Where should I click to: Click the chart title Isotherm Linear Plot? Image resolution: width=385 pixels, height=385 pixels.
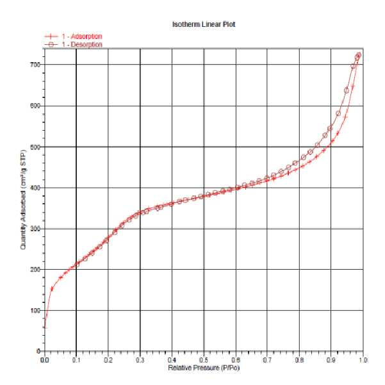coord(204,24)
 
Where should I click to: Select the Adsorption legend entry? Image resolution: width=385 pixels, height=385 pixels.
coord(73,37)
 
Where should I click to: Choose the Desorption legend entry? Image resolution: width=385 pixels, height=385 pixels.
coord(73,44)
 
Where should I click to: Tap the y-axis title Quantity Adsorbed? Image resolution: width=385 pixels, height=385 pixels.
coord(23,199)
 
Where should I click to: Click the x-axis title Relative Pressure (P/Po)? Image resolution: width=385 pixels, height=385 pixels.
coord(204,368)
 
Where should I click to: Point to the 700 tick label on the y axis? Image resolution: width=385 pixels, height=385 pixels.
coord(35,65)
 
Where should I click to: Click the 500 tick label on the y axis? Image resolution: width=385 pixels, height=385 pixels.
coord(35,147)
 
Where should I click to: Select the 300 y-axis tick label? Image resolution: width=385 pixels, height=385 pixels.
coord(35,229)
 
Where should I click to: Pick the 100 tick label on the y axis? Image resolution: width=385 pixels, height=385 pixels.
coord(35,310)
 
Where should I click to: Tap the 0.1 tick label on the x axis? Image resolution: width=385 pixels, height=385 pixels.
coord(76,360)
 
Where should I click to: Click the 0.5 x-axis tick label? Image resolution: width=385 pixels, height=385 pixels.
coord(204,360)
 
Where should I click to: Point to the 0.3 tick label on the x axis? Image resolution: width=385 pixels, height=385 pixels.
coord(140,360)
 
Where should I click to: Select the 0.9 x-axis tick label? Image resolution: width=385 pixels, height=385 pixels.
coord(331,360)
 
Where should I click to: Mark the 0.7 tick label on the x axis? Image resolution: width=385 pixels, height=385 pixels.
coord(267,360)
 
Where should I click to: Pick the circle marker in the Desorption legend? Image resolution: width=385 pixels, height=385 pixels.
coord(51,44)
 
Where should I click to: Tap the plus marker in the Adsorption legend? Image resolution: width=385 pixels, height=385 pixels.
coord(51,37)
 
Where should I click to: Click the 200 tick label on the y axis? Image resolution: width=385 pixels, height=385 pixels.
coord(35,269)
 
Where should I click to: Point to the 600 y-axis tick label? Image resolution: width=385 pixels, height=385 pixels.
coord(35,106)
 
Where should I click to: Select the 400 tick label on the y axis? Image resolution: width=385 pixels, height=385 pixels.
coord(35,188)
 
